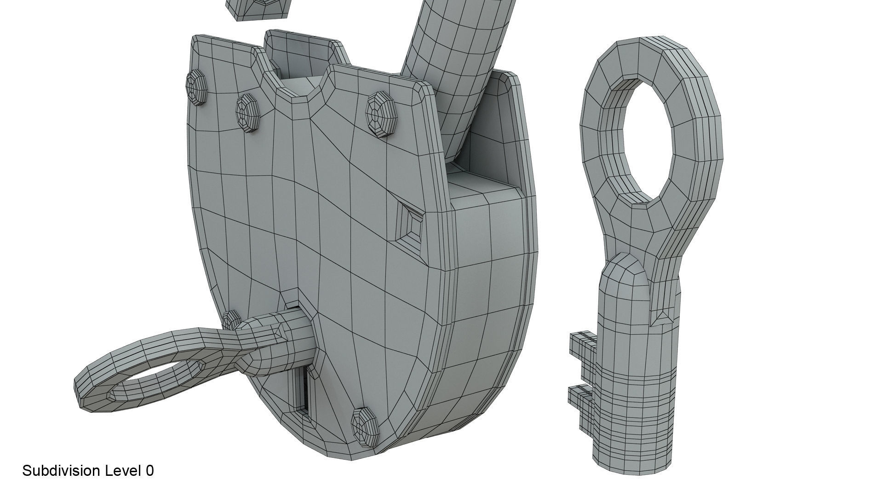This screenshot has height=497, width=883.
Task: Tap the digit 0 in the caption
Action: click(x=149, y=471)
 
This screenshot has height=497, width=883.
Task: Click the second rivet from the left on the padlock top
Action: click(x=248, y=113)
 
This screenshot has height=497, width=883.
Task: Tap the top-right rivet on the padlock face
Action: click(x=382, y=114)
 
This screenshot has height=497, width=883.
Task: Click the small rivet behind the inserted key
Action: click(x=231, y=319)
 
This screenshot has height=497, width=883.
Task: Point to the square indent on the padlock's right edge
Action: click(x=410, y=225)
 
